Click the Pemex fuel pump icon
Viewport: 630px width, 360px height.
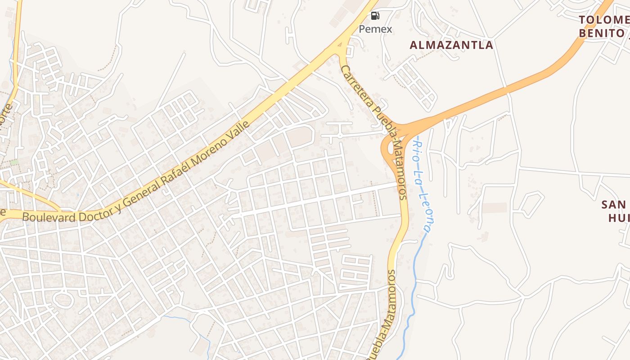[375, 16]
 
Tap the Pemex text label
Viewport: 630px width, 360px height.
[375, 29]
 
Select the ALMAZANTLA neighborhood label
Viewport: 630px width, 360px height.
[451, 45]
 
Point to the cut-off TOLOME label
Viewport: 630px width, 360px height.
[603, 20]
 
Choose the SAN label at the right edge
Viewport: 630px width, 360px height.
[614, 205]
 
